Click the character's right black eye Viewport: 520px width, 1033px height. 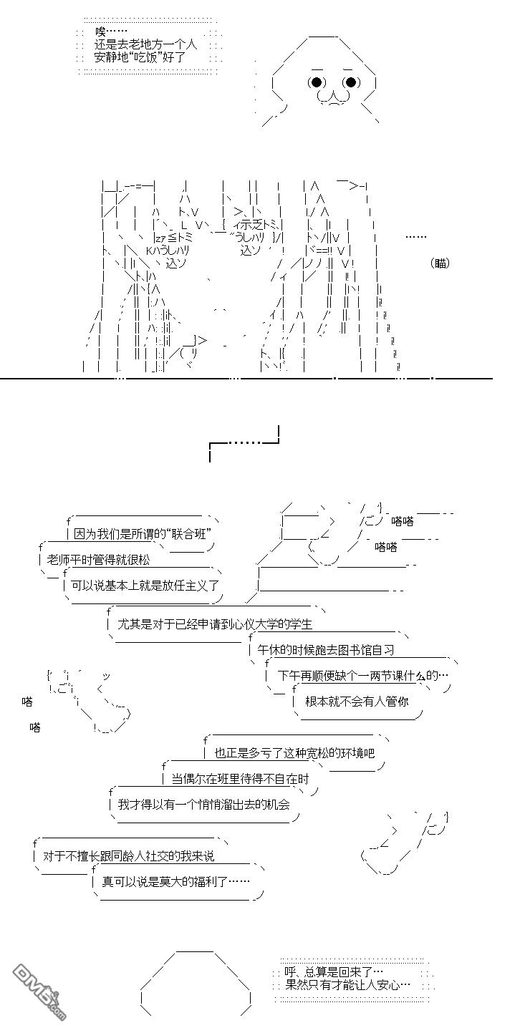click(351, 82)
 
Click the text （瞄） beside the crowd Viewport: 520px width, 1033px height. click(441, 263)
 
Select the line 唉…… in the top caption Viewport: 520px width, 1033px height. click(110, 31)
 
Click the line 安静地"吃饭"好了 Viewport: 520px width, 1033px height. click(140, 57)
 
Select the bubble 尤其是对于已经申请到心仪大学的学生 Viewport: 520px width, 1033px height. click(215, 624)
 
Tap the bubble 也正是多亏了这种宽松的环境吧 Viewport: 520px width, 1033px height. click(294, 753)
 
